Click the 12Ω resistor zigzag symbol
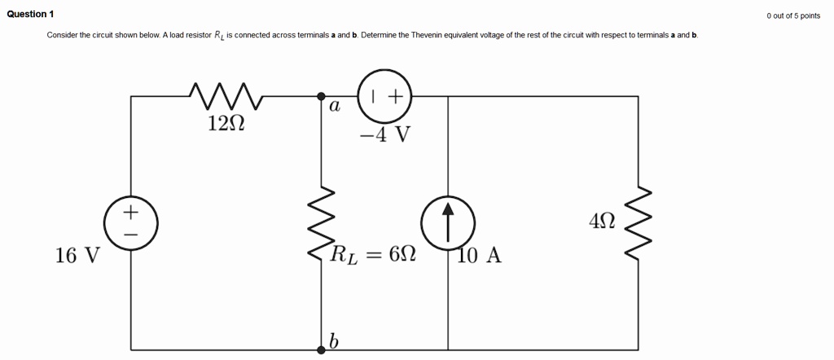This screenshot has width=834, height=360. (225, 95)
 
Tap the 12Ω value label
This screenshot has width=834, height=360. (226, 123)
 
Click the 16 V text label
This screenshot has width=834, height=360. (77, 256)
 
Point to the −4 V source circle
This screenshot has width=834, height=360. (384, 95)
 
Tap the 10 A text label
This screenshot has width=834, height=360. (480, 256)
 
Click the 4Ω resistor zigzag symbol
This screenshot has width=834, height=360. (639, 222)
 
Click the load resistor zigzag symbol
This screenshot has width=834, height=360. (321, 222)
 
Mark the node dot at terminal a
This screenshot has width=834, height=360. (321, 96)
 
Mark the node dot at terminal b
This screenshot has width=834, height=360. (321, 349)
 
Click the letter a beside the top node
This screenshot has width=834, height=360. (335, 107)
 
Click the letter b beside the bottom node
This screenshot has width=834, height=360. (333, 341)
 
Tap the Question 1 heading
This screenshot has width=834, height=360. (30, 15)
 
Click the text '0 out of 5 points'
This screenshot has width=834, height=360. (792, 15)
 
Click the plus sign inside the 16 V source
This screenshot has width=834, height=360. (130, 211)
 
